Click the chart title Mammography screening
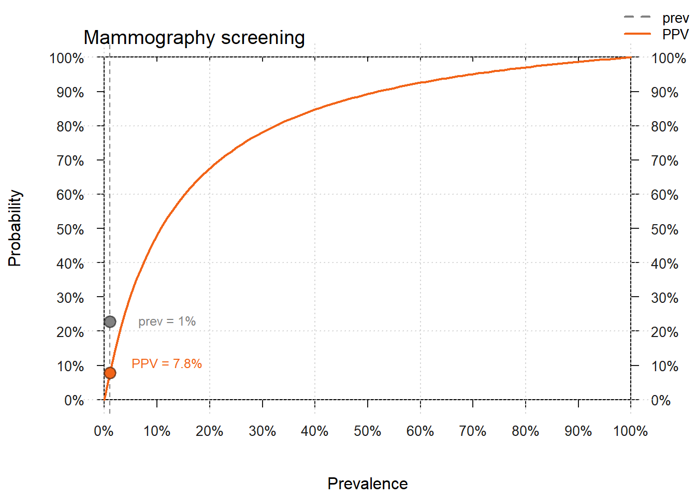point(194,38)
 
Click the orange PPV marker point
point(110,373)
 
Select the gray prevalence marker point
point(110,322)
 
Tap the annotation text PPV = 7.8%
point(167,364)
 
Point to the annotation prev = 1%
point(167,321)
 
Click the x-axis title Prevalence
point(368,484)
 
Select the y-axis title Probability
point(15,228)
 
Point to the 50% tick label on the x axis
point(367,431)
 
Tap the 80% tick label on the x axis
point(525,431)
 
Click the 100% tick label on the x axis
point(630,431)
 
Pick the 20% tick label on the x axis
point(209,431)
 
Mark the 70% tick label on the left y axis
point(70,161)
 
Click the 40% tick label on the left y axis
point(70,264)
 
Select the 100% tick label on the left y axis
point(67,59)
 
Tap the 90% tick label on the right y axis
point(664,93)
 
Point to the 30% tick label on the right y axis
point(664,298)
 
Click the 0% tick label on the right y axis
point(661,401)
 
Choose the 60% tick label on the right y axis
point(664,195)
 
